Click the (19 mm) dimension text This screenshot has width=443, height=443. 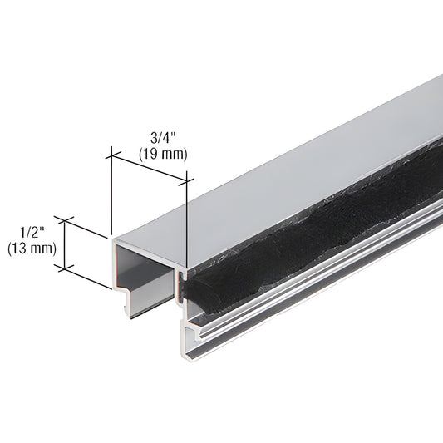[x=162, y=154]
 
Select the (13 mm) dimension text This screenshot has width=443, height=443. [x=31, y=248]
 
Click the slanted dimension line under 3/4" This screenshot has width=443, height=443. [x=150, y=165]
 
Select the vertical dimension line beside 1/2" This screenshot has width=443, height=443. [x=64, y=244]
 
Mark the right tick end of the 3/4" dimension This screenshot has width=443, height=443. [x=189, y=176]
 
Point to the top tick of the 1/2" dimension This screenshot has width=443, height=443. [x=64, y=219]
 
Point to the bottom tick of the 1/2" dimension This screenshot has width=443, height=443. [x=64, y=268]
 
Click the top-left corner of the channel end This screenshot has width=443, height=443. [x=112, y=238]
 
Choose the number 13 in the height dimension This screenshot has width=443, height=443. [x=22, y=248]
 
